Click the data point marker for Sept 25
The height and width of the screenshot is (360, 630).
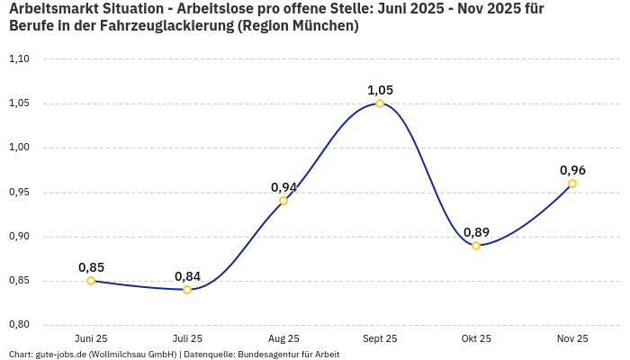pyautogui.click(x=380, y=103)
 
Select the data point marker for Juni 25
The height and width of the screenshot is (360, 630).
pyautogui.click(x=91, y=281)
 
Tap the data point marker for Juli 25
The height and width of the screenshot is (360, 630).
pyautogui.click(x=187, y=290)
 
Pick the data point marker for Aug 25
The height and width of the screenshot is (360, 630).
pyautogui.click(x=283, y=201)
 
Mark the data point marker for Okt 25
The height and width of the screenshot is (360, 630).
pyautogui.click(x=476, y=246)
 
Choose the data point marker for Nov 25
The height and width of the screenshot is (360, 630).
pyautogui.click(x=572, y=184)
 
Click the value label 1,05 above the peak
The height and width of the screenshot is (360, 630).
pyautogui.click(x=380, y=90)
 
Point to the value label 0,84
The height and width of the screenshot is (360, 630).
pyautogui.click(x=187, y=276)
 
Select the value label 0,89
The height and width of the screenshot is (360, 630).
pyautogui.click(x=476, y=232)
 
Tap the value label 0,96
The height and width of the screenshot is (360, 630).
pyautogui.click(x=572, y=170)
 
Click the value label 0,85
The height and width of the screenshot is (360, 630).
pyautogui.click(x=91, y=267)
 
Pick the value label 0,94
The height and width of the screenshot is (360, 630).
pyautogui.click(x=283, y=187)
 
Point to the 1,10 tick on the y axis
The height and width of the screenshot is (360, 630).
pyautogui.click(x=19, y=59)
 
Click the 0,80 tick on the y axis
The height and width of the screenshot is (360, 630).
pyautogui.click(x=19, y=325)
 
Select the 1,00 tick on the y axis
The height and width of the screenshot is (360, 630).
pyautogui.click(x=19, y=148)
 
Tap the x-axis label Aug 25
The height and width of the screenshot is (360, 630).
pyautogui.click(x=283, y=338)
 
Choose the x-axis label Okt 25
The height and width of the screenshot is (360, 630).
pyautogui.click(x=476, y=338)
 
